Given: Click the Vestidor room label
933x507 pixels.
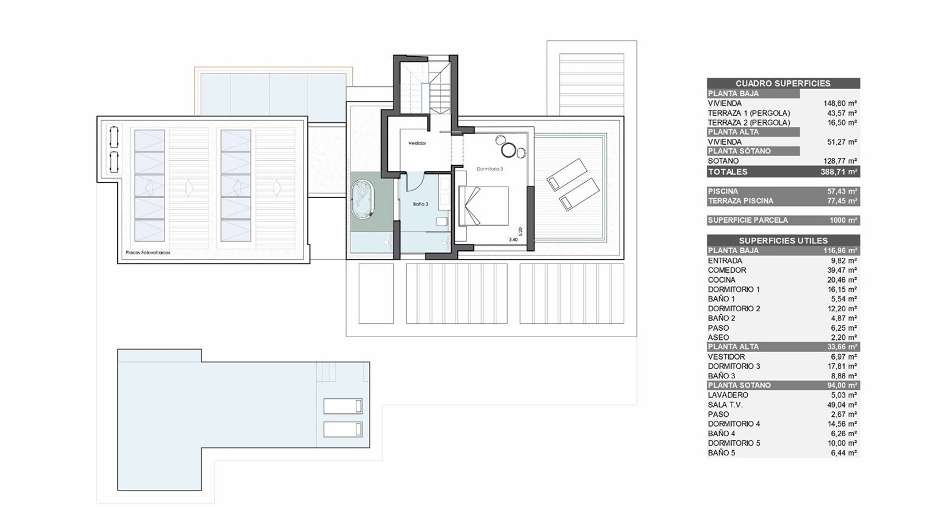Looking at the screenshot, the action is point(417,144).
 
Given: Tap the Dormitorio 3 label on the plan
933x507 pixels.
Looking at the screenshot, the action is point(490,169).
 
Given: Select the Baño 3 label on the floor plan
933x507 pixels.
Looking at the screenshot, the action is point(421,204).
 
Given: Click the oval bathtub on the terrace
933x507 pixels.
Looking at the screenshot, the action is point(363,199).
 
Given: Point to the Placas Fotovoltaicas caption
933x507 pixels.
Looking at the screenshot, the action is point(148,253).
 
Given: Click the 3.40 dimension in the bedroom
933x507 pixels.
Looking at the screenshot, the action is point(513,240).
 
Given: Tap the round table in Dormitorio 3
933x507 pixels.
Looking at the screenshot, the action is point(509,150).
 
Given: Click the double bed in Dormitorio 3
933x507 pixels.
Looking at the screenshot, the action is point(484,206).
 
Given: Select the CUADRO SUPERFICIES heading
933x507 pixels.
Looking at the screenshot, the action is point(783,83).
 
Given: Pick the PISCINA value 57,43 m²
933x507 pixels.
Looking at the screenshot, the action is point(842,191).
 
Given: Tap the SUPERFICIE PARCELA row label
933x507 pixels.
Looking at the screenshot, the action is point(748,220).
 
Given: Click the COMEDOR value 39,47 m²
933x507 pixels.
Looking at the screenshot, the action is point(842,270).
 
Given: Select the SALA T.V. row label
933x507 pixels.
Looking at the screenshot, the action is point(725,405).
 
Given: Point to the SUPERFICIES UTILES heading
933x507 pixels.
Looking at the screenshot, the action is point(783,241).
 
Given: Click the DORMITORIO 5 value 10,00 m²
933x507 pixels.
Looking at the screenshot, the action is point(842,443).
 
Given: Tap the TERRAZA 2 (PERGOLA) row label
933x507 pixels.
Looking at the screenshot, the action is point(749,122).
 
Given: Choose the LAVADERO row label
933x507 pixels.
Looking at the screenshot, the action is point(728,395).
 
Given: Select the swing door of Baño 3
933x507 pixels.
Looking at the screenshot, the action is point(415,183).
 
